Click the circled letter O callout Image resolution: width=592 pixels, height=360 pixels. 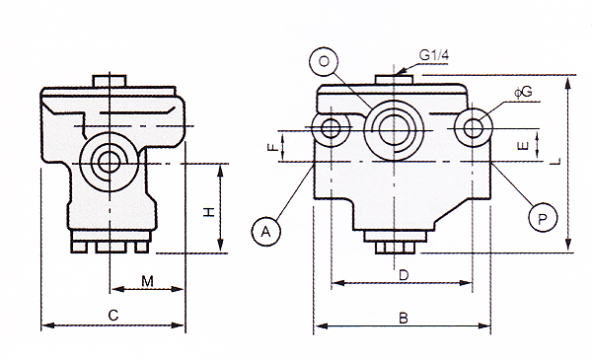pyautogui.click(x=324, y=61)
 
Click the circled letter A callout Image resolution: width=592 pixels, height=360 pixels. pyautogui.click(x=266, y=231)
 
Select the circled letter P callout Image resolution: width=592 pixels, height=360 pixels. pyautogui.click(x=543, y=218)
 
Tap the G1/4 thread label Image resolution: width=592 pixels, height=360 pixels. pyautogui.click(x=434, y=55)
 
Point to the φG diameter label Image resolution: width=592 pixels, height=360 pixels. pyautogui.click(x=523, y=92)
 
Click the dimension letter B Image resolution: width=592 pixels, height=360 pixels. pyautogui.click(x=404, y=319)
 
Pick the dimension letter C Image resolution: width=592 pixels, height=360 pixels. pyautogui.click(x=113, y=315)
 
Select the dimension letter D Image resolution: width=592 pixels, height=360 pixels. pyautogui.click(x=404, y=275)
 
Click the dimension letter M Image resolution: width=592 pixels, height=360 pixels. pyautogui.click(x=148, y=281)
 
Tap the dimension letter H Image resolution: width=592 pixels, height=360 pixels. pyautogui.click(x=209, y=212)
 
